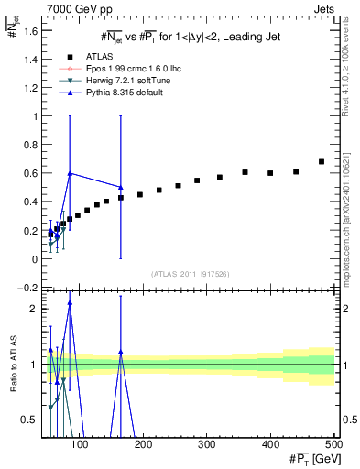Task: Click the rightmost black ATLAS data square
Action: pyautogui.click(x=321, y=162)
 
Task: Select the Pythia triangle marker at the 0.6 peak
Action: pyautogui.click(x=70, y=173)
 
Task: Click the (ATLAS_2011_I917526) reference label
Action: pyautogui.click(x=190, y=275)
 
